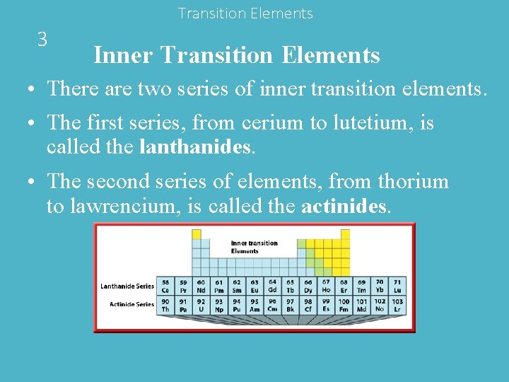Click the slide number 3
42,39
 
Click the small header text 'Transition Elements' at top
245,13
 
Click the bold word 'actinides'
344,207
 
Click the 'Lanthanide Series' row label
127,286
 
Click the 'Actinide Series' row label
131,304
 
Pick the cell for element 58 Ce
165,286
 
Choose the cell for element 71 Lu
398,286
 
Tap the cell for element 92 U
201,305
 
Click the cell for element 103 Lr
398,305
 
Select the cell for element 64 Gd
273,286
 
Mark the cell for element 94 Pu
237,305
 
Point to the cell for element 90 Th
165,305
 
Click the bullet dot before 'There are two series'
33,91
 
